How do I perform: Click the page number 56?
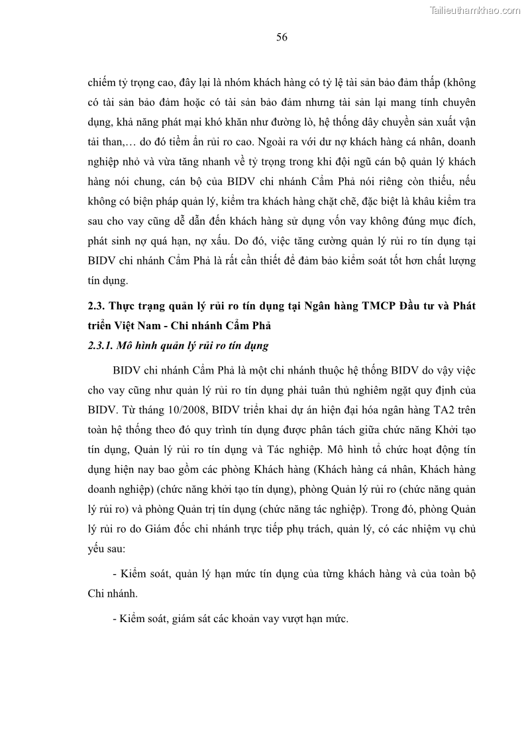(x=282, y=37)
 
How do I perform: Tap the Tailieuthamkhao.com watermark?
(x=475, y=10)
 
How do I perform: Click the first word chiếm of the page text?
(x=102, y=83)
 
